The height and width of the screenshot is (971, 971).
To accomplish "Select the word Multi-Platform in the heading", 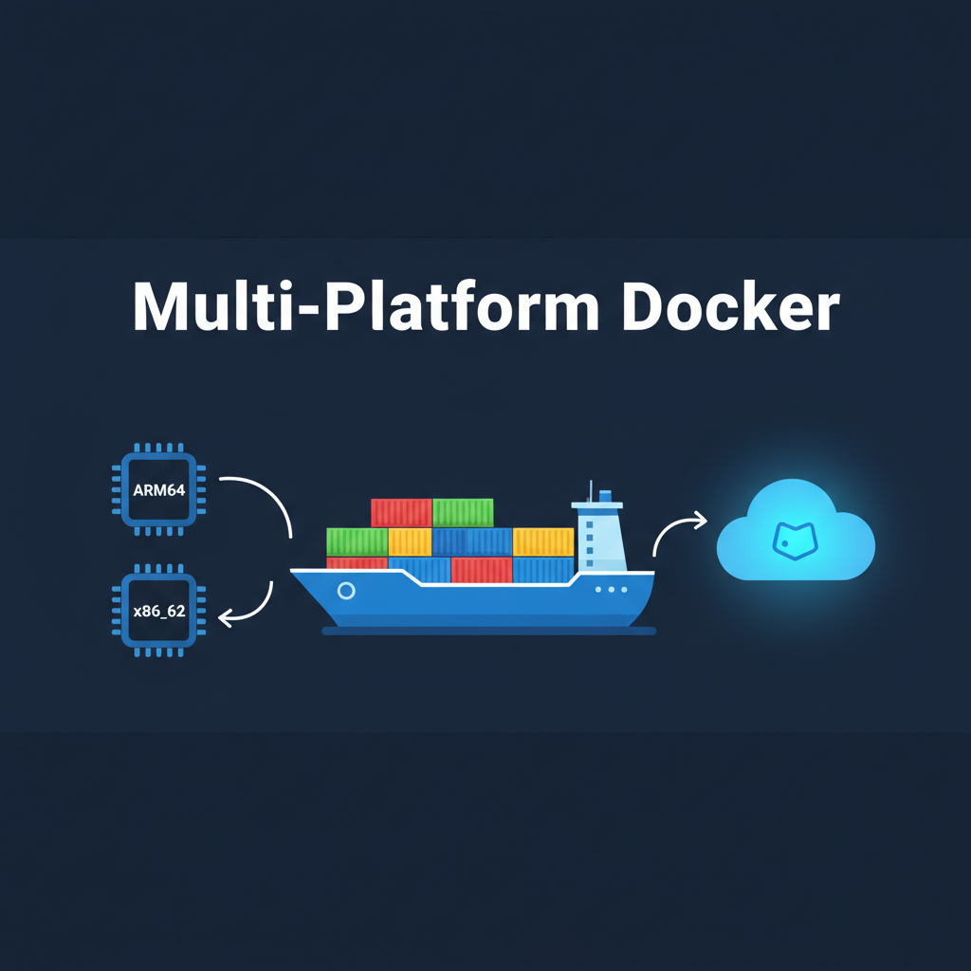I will point(366,306).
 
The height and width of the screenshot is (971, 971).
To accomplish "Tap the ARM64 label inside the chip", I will point(159,490).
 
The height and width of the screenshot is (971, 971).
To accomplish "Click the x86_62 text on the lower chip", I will point(159,612).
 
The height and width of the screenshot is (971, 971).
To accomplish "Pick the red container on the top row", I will point(401,512).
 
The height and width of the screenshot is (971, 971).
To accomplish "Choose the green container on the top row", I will point(463,512).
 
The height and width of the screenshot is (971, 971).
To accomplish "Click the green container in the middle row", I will point(357,541).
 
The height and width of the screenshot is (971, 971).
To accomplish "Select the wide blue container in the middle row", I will point(472,541).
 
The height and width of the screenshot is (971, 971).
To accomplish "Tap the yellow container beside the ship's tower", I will point(543,541).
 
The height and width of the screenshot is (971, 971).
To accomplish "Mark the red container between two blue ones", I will point(482,569).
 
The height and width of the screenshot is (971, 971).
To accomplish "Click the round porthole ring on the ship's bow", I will point(346,591).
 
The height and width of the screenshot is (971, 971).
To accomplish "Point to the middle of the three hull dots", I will point(611,589).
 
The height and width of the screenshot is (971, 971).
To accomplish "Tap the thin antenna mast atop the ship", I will point(591,491).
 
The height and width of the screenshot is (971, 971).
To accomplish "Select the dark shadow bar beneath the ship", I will point(488,631).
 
